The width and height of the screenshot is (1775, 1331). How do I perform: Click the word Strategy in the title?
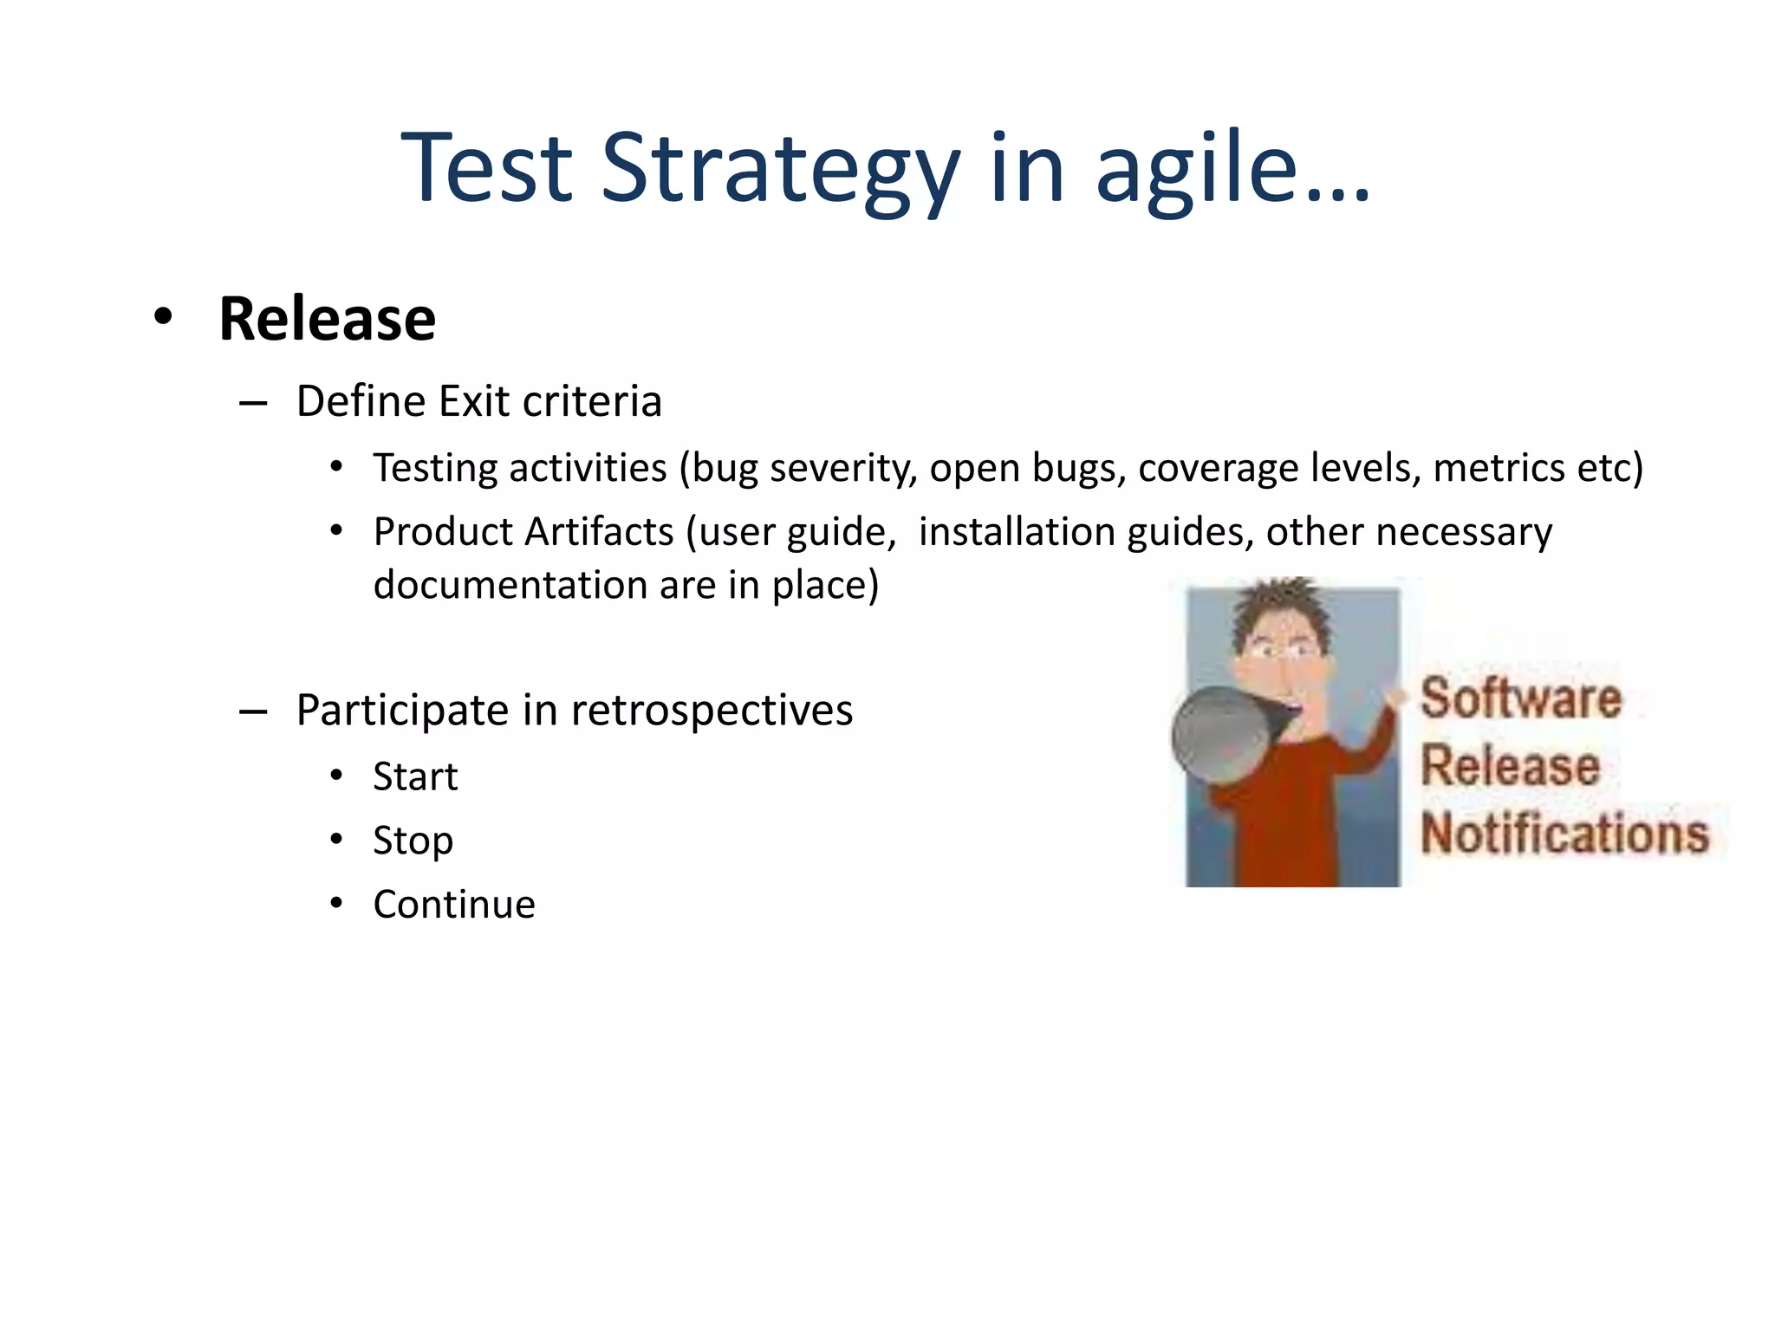[780, 169]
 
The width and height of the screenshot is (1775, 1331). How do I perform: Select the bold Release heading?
[327, 319]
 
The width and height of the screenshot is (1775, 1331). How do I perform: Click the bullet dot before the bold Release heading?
[163, 317]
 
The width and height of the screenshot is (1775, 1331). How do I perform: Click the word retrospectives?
[712, 711]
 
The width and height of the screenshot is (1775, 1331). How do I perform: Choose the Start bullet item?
[415, 776]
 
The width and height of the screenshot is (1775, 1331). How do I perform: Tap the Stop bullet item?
[413, 841]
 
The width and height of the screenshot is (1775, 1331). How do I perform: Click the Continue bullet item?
[454, 905]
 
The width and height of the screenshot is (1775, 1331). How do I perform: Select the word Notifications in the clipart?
[1564, 834]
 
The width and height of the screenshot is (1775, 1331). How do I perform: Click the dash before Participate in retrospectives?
[252, 712]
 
